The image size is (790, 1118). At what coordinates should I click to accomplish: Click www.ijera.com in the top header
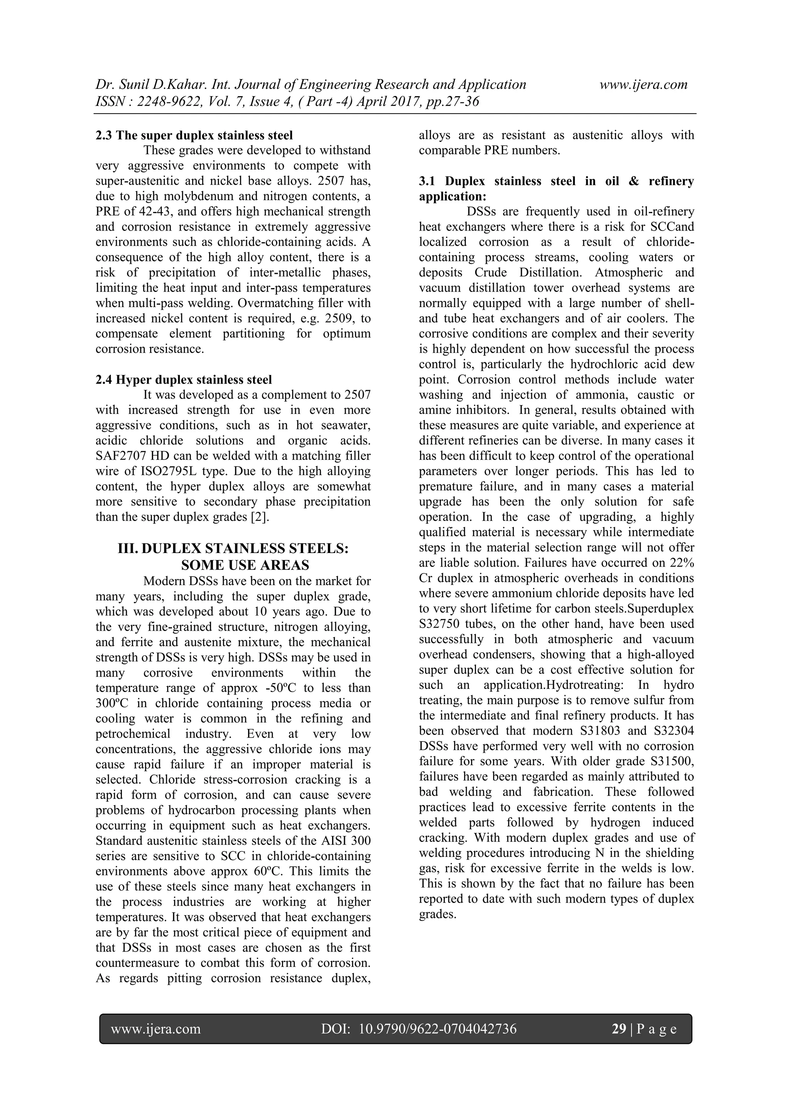coord(643,85)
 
